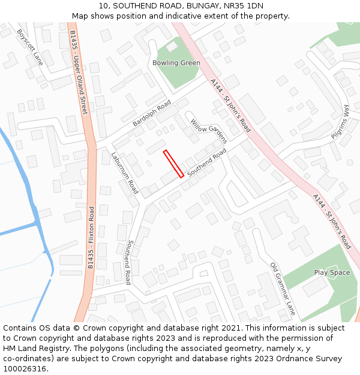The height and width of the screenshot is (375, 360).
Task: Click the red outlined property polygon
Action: [x=173, y=164]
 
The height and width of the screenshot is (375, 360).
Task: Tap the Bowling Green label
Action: [x=176, y=63]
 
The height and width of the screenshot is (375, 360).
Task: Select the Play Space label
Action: [x=332, y=273]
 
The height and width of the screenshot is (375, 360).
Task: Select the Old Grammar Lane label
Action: [x=283, y=289]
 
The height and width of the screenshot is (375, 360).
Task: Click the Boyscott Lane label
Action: [x=31, y=47]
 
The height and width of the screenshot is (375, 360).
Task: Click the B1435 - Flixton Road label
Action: [x=91, y=238]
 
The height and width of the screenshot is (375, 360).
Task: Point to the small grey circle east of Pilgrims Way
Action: [x=350, y=163]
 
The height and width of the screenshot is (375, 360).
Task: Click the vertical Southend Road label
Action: [x=128, y=262]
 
